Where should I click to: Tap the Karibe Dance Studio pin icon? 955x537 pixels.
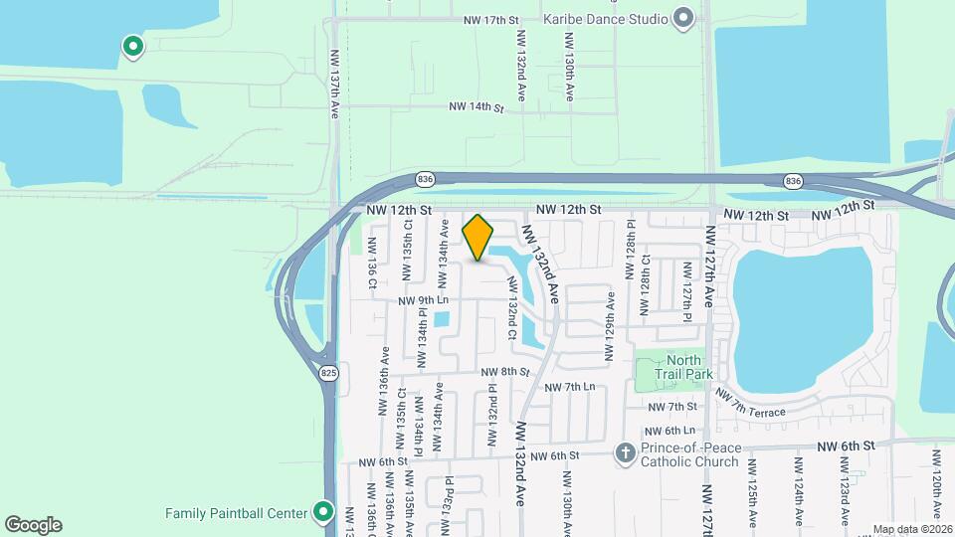682,18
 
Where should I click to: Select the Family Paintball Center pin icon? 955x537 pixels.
323,513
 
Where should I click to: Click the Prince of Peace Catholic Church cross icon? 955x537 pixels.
625,453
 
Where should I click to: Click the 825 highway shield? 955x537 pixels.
328,373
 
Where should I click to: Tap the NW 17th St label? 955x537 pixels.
491,20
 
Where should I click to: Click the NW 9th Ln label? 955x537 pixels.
424,300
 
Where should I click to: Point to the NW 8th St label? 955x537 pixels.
508,371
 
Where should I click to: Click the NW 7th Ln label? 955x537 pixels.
571,386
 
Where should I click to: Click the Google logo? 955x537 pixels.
33,524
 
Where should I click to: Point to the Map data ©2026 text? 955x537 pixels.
912,529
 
